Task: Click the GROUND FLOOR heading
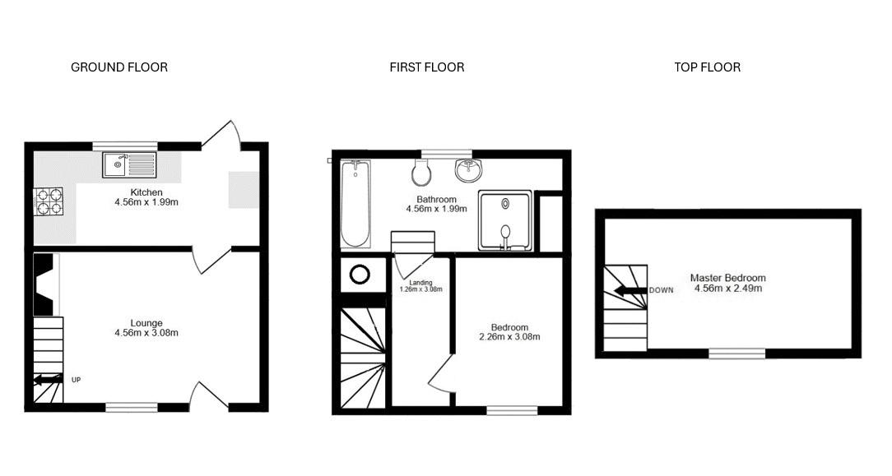point(119,67)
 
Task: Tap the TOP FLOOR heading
point(707,67)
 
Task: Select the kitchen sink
point(129,164)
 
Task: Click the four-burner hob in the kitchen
point(49,201)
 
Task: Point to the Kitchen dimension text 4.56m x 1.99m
point(146,201)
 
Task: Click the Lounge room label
point(146,323)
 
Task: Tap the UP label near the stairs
point(76,380)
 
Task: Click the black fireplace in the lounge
point(45,284)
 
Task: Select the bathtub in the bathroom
point(355,204)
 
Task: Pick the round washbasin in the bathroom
point(469,169)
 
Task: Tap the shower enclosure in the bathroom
point(505,220)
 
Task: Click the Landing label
point(421,282)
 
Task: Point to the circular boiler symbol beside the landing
point(360,275)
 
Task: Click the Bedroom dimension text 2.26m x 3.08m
point(509,337)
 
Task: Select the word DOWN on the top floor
point(661,290)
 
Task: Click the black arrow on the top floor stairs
point(630,291)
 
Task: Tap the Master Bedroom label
point(727,278)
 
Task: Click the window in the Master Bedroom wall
point(736,354)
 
